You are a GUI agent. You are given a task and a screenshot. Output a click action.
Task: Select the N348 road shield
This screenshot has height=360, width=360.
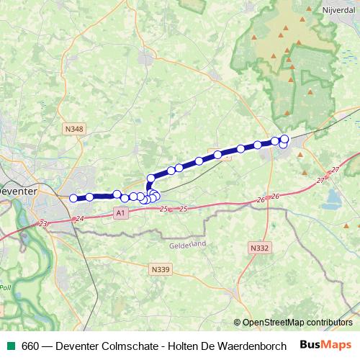[74, 129]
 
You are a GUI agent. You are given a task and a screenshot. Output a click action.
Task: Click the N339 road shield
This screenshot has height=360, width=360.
[161, 269]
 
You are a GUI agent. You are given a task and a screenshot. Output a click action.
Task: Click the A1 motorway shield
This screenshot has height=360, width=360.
[120, 212]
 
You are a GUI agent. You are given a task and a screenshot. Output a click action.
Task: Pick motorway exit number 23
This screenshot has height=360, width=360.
[43, 224]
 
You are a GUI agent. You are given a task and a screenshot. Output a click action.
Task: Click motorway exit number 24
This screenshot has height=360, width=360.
[79, 218]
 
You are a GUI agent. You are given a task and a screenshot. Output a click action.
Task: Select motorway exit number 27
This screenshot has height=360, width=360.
[336, 169]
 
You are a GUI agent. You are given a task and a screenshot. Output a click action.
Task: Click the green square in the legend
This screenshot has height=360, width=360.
[11, 346]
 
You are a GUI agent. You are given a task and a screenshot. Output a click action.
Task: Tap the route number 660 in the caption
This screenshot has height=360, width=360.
[30, 346]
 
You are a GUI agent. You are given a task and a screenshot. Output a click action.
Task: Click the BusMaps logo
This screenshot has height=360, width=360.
[325, 345]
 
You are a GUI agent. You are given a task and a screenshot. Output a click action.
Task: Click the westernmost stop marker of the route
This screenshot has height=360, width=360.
[73, 198]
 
